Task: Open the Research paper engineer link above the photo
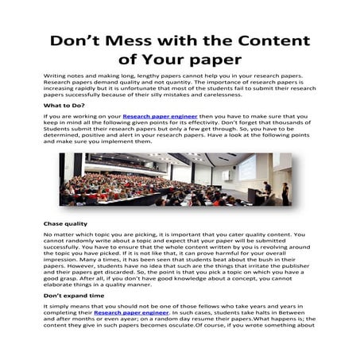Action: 155,116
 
